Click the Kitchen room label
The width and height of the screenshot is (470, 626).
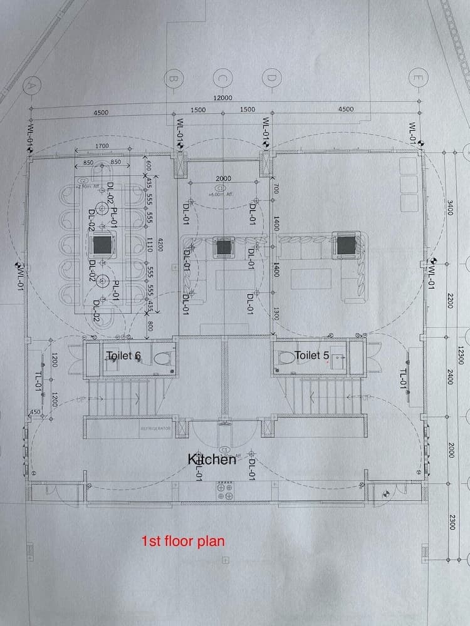(x=212, y=459)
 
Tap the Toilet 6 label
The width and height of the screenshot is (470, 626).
(x=123, y=356)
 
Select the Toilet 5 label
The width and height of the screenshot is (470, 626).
(x=311, y=355)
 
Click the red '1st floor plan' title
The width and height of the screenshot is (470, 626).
(x=182, y=541)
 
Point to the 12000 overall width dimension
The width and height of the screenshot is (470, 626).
(x=222, y=98)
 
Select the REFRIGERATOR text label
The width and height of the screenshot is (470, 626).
(x=155, y=428)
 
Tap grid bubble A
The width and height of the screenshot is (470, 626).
(x=29, y=86)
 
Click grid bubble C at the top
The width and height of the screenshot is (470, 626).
(x=222, y=79)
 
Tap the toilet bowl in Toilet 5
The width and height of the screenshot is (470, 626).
(x=287, y=357)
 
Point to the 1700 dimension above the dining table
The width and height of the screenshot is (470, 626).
(x=103, y=146)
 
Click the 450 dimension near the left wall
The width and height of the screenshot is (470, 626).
(x=35, y=412)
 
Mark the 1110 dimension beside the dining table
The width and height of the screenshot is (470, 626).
(x=150, y=244)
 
